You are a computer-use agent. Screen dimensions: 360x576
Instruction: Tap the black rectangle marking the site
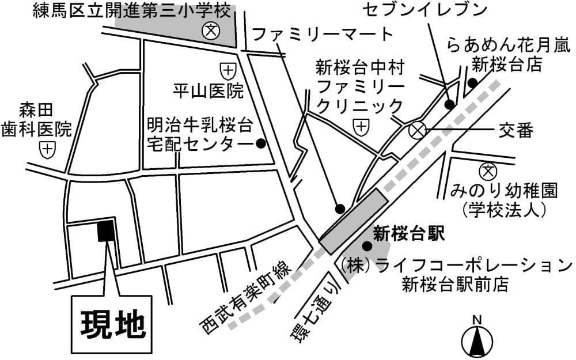105,231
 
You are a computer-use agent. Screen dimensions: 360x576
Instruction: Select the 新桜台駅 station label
410,233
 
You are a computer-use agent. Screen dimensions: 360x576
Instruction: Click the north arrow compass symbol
477,339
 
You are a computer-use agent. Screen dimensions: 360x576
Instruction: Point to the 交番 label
516,131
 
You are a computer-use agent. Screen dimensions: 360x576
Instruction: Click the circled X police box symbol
416,131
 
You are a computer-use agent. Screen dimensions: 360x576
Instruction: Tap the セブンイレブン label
426,10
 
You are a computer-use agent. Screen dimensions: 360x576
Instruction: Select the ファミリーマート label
323,34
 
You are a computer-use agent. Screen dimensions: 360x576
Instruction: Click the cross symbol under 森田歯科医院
47,149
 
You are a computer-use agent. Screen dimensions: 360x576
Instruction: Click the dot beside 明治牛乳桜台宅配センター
260,143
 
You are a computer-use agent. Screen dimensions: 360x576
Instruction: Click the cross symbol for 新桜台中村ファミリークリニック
361,126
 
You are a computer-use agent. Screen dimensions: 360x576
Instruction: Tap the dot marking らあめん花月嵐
472,82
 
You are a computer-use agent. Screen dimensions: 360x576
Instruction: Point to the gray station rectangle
353,221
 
